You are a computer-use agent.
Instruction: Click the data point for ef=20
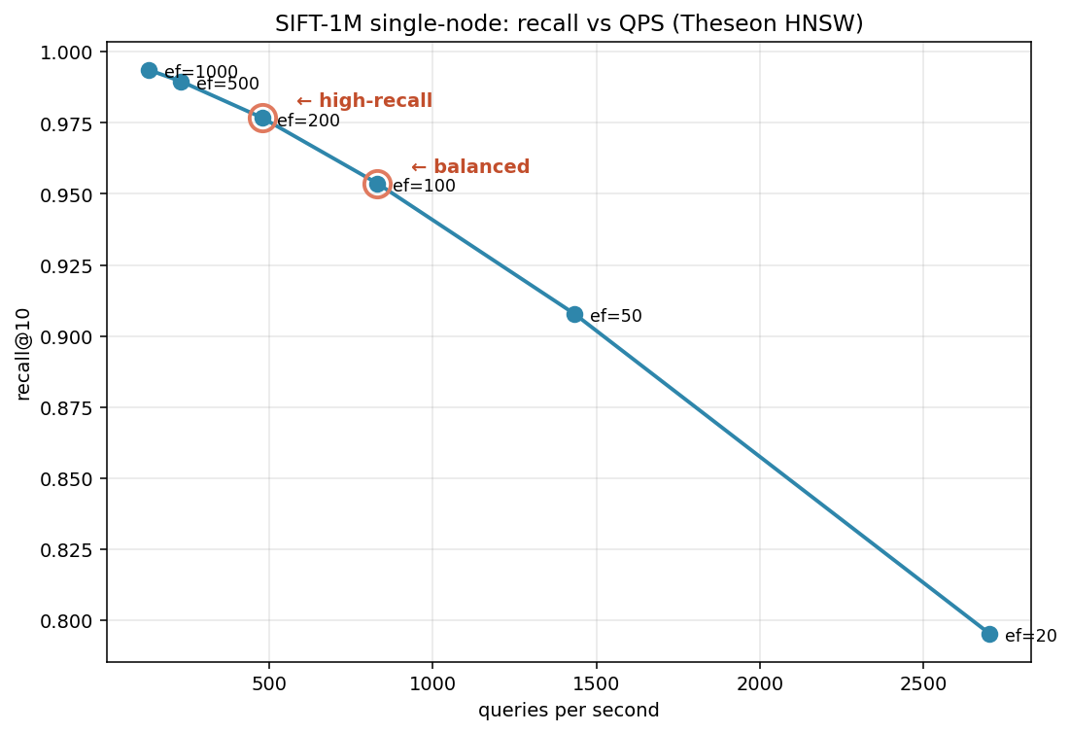(x=989, y=634)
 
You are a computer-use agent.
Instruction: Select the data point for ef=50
(x=574, y=314)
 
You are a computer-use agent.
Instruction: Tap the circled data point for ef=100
(x=377, y=184)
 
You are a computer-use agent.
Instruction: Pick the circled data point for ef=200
(x=262, y=119)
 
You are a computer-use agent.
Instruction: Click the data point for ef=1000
(x=149, y=70)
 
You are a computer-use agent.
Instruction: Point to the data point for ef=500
(x=181, y=82)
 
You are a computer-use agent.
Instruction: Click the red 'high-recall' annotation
(x=364, y=101)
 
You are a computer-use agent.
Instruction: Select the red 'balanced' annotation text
(x=470, y=167)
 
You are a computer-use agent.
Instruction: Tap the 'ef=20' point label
(x=1030, y=636)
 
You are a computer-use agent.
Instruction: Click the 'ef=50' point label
(x=615, y=316)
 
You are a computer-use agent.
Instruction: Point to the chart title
(x=569, y=23)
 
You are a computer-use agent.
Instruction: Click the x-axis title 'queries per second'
(x=569, y=711)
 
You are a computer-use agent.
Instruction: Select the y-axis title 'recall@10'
(x=24, y=353)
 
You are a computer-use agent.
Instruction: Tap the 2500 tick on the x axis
(x=922, y=683)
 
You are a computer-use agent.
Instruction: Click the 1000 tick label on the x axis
(x=431, y=683)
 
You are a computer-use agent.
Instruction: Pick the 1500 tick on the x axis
(x=595, y=683)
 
